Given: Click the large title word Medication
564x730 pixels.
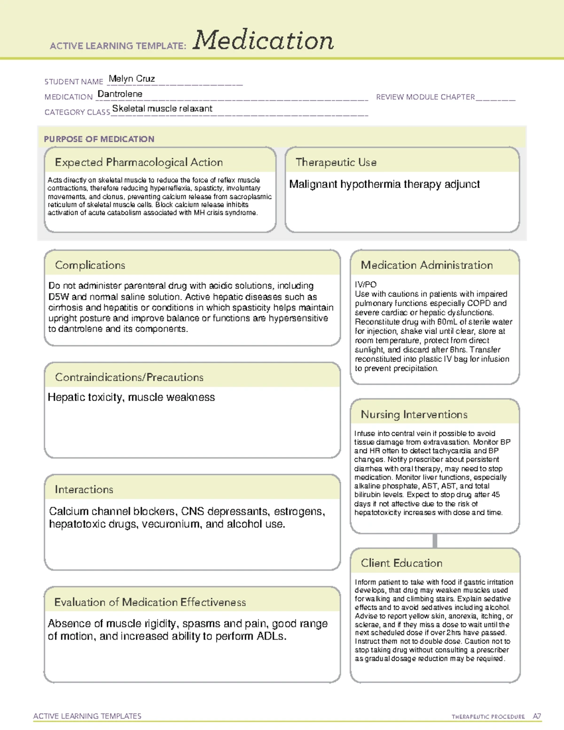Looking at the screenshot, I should point(263,40).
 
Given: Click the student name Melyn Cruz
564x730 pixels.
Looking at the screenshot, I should point(132,79).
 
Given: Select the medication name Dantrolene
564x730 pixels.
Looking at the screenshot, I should point(120,94).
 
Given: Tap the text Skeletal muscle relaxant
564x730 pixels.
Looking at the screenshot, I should point(162,109).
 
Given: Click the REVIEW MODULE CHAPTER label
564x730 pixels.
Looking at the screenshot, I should point(425,97).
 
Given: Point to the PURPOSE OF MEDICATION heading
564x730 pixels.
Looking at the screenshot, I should point(99,139).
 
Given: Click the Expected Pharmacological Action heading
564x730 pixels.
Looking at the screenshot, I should point(139,163).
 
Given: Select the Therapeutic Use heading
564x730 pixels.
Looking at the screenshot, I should point(336,163).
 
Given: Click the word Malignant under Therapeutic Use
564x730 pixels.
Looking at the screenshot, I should point(313,184).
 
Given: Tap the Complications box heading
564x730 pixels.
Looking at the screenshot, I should point(90,265).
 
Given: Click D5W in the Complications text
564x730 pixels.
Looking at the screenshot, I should point(59,297).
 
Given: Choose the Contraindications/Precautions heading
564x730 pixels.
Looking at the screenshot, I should point(129,377).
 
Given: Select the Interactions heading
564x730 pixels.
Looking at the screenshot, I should point(84,490).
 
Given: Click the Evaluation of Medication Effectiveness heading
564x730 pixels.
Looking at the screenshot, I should point(150,603).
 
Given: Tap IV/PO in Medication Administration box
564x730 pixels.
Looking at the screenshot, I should point(366,284).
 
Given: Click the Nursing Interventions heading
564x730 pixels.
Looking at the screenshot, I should point(414,415).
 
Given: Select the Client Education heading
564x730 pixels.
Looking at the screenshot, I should point(401,563).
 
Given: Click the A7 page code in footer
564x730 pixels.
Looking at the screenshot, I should point(537,716).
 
